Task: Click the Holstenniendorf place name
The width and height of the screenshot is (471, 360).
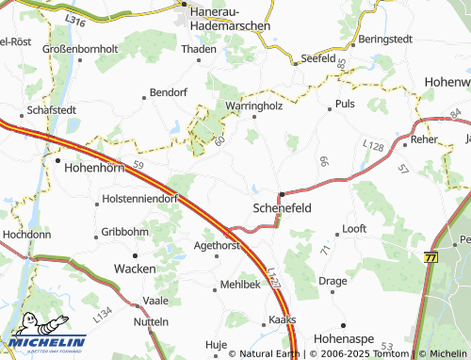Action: (x=137, y=201)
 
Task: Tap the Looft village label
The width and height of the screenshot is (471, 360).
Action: (x=354, y=229)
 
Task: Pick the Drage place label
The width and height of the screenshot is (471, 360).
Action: (x=333, y=281)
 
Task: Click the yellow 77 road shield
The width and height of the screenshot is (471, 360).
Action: (x=431, y=257)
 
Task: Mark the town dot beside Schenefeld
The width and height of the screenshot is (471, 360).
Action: (x=281, y=194)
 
